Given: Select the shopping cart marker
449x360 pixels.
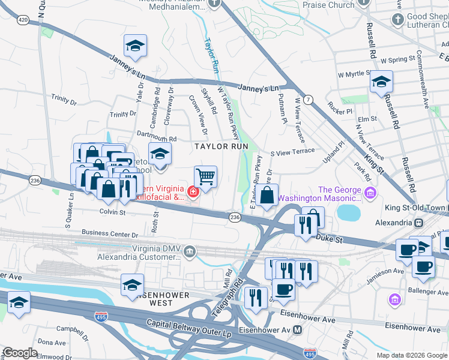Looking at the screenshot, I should coord(205,177).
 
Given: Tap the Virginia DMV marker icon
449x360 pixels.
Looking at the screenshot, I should coord(190,250).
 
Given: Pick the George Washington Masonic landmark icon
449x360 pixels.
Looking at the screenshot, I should coord(370,192).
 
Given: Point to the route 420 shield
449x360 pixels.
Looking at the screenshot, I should coord(23,20).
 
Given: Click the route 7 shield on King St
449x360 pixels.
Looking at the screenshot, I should coord(307,98).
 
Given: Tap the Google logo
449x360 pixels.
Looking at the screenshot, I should coord(20,353).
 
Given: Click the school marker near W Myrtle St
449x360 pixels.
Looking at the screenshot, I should coord(381,81).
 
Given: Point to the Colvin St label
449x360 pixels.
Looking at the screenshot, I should coord(112,212).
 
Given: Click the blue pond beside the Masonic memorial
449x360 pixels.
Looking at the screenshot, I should coord(347,212).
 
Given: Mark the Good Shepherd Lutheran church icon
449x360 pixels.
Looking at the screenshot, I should coord(397,20).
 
